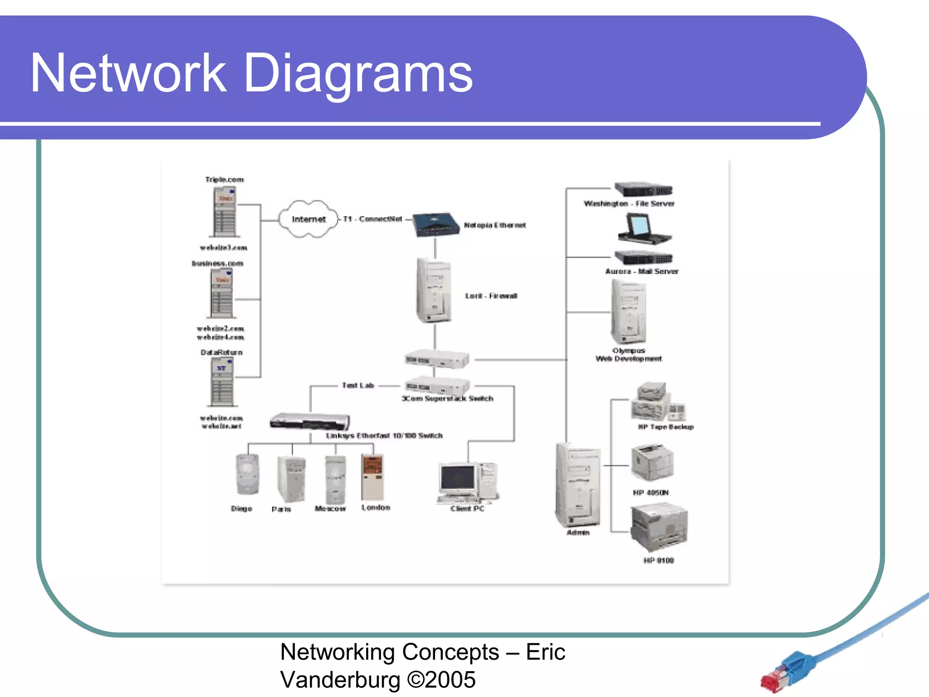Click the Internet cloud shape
(x=308, y=219)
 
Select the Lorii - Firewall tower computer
(x=434, y=291)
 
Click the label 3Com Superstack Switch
(x=447, y=398)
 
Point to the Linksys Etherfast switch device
(x=309, y=422)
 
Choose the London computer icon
(x=372, y=477)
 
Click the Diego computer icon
(x=247, y=475)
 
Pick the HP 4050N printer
(x=652, y=462)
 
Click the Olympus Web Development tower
(x=628, y=312)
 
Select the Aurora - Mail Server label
(x=641, y=271)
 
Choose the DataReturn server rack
(x=222, y=382)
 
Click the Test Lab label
(x=358, y=385)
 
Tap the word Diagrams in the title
(x=358, y=74)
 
